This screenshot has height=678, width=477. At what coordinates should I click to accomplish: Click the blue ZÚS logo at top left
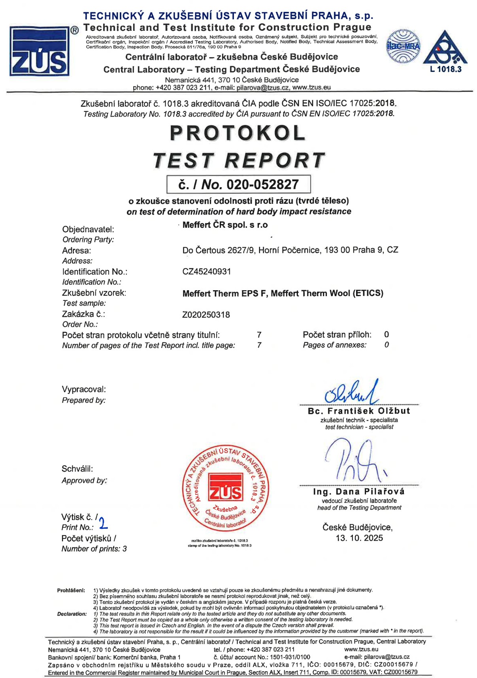tap(40, 51)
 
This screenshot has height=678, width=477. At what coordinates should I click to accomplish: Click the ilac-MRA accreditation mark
tap(403, 47)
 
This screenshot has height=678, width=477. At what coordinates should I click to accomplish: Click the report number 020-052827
tap(262, 184)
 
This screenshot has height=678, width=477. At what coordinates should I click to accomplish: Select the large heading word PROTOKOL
tap(238, 133)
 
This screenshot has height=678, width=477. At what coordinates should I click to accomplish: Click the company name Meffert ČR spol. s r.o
tap(225, 225)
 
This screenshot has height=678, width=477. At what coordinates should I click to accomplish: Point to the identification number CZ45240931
tap(207, 272)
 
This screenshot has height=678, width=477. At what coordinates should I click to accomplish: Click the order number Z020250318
tap(206, 315)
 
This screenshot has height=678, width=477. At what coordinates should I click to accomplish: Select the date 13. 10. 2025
tap(359, 538)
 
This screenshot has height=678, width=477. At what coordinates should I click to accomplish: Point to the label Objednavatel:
tap(88, 229)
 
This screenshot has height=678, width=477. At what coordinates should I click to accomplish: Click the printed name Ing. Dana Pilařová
tap(358, 492)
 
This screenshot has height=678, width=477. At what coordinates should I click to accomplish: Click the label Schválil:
tap(77, 469)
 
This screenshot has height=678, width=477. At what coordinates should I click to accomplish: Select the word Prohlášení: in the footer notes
tap(71, 590)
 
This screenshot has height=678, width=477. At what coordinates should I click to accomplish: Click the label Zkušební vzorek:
tap(94, 293)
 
